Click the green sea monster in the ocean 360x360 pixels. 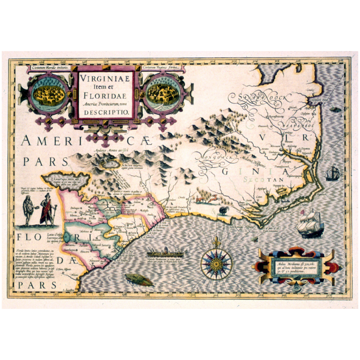(139, 280)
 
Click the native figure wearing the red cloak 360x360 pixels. (46, 210)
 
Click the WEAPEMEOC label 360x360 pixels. (294, 126)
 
